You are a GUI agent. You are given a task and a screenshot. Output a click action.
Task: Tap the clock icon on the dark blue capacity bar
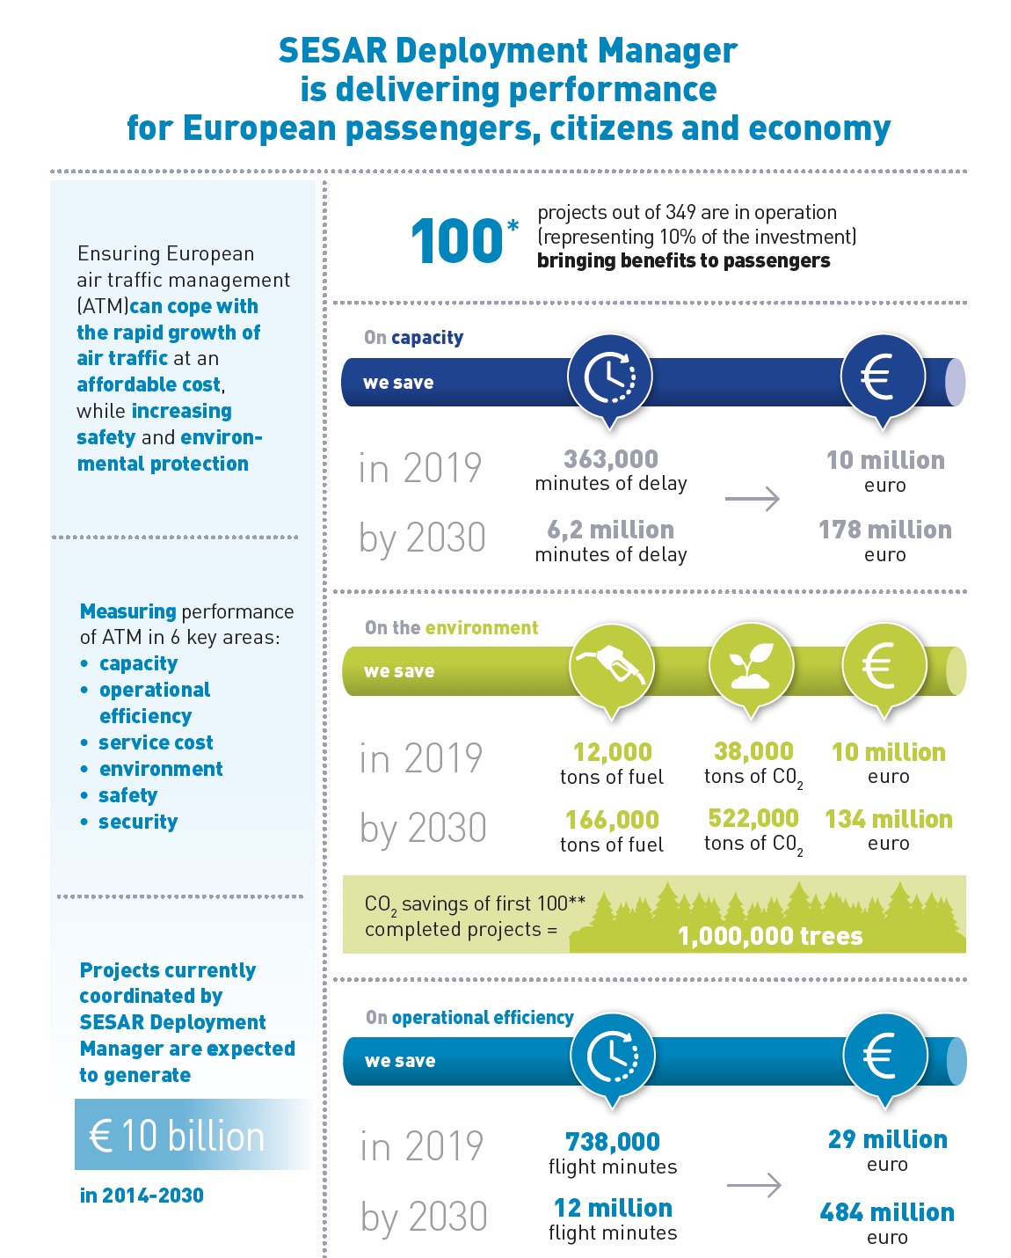point(610,377)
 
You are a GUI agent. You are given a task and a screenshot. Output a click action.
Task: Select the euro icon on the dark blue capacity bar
point(882,377)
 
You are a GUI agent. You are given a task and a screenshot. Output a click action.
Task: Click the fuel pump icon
point(612,666)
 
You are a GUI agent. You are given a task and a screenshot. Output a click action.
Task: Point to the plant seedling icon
point(752,666)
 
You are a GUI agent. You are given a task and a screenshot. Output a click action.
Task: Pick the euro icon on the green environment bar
point(883,666)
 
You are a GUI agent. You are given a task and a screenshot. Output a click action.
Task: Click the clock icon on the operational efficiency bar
point(612,1057)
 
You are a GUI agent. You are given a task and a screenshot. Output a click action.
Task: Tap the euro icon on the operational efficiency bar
point(884,1057)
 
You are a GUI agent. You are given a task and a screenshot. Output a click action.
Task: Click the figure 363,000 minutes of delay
point(611,471)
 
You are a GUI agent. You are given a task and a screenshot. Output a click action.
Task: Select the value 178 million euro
point(885,541)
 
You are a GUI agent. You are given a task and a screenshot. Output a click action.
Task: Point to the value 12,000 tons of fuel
point(612,764)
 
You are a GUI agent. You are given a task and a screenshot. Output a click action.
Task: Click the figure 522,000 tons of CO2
point(753,830)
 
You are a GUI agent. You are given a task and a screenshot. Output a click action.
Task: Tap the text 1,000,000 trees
point(770,936)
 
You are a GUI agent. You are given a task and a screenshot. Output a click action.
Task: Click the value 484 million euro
point(886,1224)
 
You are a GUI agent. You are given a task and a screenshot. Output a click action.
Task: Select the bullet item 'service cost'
point(156,742)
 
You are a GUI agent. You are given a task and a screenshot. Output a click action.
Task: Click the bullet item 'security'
point(138,822)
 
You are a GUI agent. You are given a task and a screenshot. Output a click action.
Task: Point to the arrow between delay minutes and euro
point(753,499)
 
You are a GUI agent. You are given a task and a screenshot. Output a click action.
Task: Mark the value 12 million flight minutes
point(613,1219)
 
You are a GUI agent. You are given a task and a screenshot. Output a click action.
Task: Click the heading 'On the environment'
point(451,627)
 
